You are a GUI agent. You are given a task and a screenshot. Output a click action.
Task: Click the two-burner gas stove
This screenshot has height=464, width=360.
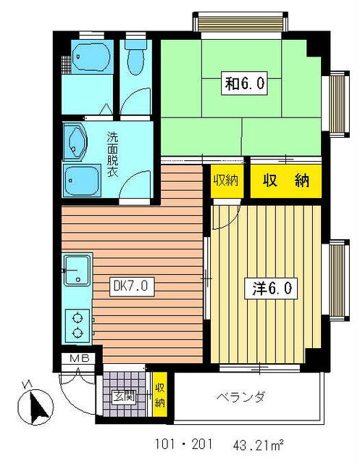click(x=77, y=326)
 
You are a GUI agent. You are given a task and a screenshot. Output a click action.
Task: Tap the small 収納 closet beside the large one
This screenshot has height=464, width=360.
click(x=226, y=180)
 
